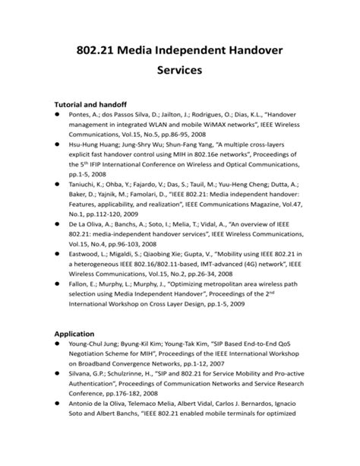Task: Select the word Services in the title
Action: point(179,73)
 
